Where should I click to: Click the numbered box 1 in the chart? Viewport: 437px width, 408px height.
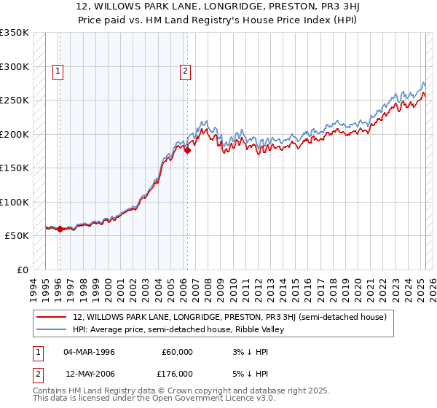(58, 71)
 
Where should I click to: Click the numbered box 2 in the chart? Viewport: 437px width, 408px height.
(186, 71)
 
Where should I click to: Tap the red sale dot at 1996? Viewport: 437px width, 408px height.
(60, 229)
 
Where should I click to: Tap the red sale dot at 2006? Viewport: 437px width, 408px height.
(187, 151)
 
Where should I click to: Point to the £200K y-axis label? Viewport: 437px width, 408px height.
(15, 134)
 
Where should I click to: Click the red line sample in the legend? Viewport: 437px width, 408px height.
(52, 318)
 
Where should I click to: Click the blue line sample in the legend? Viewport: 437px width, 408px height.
(52, 329)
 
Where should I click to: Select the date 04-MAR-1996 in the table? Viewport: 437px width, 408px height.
(90, 352)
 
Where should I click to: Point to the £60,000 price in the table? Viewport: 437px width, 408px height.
(177, 352)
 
